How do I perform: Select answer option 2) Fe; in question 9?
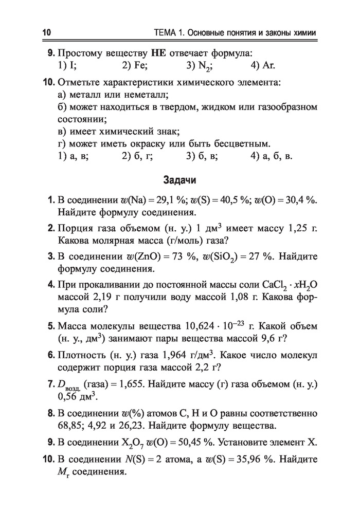click(x=135, y=66)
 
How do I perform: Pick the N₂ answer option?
click(x=200, y=66)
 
